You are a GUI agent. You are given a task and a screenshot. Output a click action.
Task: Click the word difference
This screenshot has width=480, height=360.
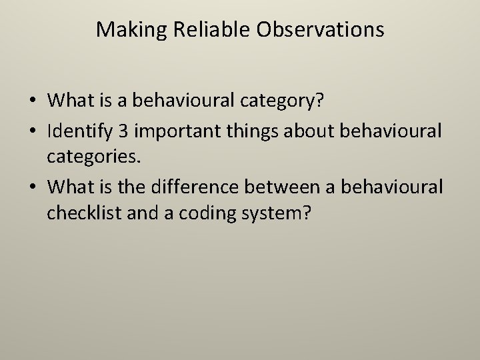coord(204,187)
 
